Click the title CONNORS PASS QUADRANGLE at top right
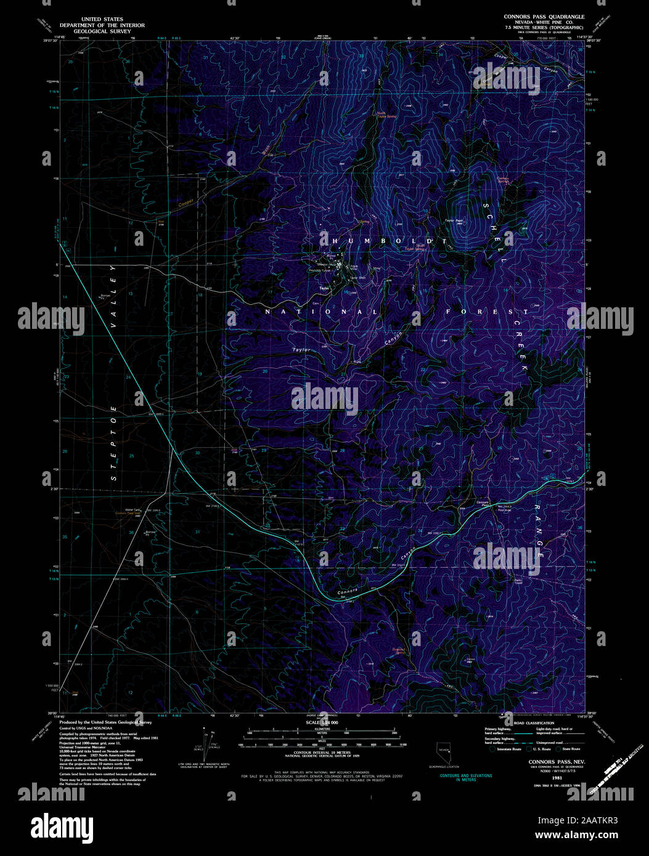544,17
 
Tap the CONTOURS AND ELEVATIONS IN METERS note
465,777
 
